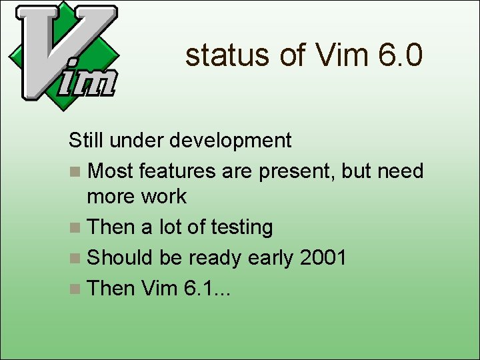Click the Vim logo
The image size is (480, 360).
click(63, 52)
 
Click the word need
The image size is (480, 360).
click(400, 171)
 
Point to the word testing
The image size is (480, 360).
click(241, 228)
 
